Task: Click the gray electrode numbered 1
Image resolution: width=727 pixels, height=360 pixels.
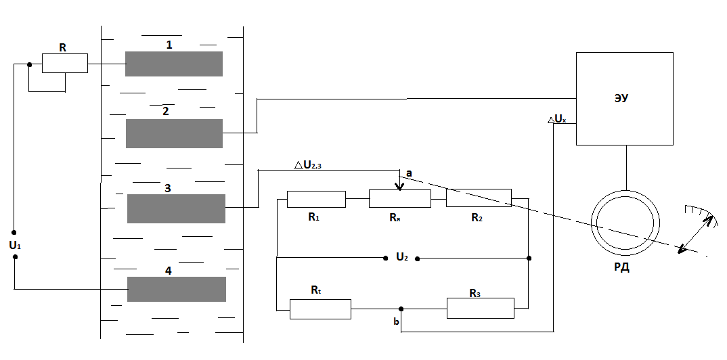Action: [x=174, y=64]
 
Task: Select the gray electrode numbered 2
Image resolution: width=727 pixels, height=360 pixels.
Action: [x=174, y=133]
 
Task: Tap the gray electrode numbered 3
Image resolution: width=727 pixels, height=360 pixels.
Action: [x=176, y=208]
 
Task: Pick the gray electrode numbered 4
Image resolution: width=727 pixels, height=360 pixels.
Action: [x=177, y=289]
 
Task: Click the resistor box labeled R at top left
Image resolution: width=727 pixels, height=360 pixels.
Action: [x=65, y=64]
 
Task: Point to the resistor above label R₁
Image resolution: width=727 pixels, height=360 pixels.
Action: [x=316, y=199]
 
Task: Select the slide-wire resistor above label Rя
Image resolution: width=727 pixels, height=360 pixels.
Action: [x=399, y=198]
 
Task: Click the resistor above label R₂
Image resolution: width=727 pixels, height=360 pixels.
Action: [x=479, y=198]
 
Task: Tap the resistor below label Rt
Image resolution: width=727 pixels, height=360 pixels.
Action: [x=320, y=309]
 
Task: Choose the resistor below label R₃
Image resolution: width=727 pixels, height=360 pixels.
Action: [x=480, y=308]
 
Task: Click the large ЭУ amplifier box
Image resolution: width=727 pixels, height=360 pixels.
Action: [x=624, y=98]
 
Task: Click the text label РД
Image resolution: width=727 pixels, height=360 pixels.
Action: [x=621, y=267]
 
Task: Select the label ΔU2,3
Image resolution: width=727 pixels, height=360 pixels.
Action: [x=312, y=164]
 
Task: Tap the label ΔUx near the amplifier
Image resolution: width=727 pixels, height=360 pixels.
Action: [x=556, y=119]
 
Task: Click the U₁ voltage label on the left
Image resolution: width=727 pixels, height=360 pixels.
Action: [x=15, y=246]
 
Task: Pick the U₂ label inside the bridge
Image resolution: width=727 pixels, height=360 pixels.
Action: [x=401, y=257]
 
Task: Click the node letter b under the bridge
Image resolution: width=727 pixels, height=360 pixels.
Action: [x=396, y=322]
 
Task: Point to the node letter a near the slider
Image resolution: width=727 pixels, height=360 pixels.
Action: [x=409, y=174]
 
